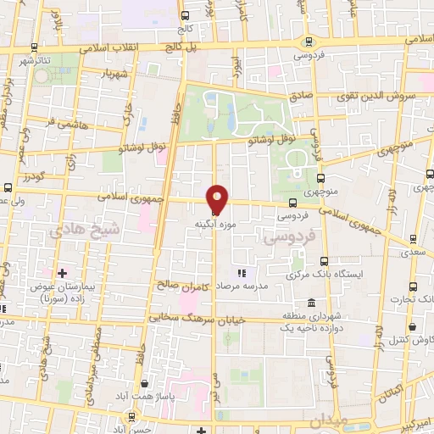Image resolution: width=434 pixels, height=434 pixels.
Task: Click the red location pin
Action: tap(218, 198)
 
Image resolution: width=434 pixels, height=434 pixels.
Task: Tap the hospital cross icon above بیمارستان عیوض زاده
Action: tap(61, 272)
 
